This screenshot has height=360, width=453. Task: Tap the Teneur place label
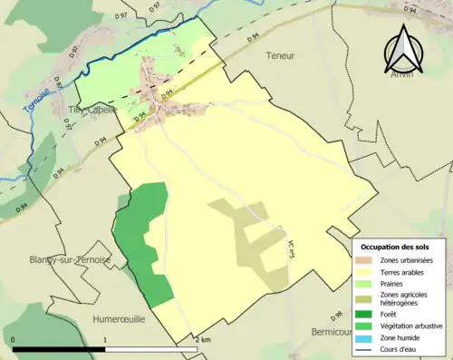(282, 55)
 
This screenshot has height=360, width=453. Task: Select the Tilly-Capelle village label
(93, 110)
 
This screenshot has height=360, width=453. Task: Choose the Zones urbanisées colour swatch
(367, 260)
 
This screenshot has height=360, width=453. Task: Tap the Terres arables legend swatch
(367, 271)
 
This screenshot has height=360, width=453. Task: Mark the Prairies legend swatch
(367, 282)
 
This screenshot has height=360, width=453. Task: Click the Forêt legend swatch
(367, 314)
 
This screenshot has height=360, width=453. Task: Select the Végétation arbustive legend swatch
(367, 325)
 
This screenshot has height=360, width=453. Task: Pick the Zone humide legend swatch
(367, 336)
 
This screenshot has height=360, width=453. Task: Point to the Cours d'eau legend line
(367, 346)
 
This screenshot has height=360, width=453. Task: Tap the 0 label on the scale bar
(14, 340)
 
